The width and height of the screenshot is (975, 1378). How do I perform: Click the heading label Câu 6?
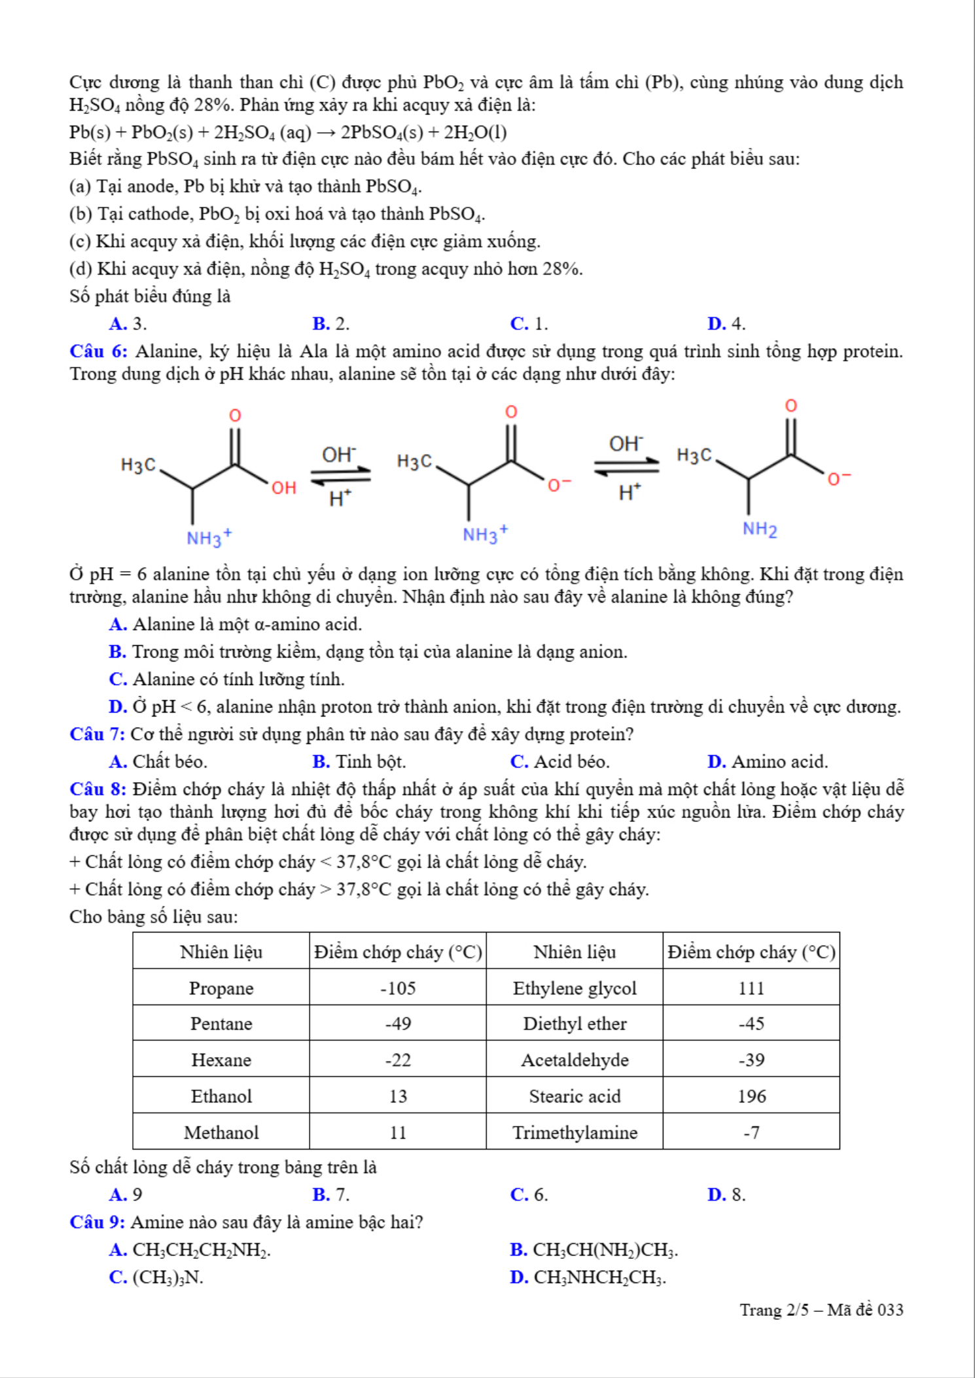(x=98, y=351)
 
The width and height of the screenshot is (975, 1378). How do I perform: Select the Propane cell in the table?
(x=221, y=988)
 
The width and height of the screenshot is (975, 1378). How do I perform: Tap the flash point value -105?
(x=398, y=988)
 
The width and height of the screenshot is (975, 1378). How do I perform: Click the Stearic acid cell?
(x=575, y=1096)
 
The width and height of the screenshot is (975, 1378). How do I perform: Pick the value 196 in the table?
(x=751, y=1096)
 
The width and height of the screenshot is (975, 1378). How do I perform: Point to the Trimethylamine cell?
(x=575, y=1133)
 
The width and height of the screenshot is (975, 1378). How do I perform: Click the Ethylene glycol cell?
(x=575, y=988)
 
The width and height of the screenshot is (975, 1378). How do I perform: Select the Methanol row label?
(x=221, y=1133)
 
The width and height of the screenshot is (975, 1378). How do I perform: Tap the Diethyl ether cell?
(x=575, y=1024)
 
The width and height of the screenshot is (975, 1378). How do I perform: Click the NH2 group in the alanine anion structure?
(x=759, y=529)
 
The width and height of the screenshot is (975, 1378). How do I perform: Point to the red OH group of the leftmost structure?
(x=284, y=487)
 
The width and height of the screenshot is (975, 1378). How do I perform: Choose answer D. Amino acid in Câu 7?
(x=768, y=762)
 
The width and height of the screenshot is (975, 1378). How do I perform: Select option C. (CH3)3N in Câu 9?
(x=156, y=1277)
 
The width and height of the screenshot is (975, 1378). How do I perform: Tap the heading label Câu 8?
(x=98, y=789)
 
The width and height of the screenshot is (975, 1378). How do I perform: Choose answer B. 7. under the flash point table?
(x=331, y=1195)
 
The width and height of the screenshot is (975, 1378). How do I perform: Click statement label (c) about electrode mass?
(x=80, y=241)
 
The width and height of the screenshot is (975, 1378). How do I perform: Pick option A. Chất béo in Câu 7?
(x=158, y=762)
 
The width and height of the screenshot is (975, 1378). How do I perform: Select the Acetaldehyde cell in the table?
(x=575, y=1060)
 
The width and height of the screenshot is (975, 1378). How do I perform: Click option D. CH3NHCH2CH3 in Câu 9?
(x=588, y=1277)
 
